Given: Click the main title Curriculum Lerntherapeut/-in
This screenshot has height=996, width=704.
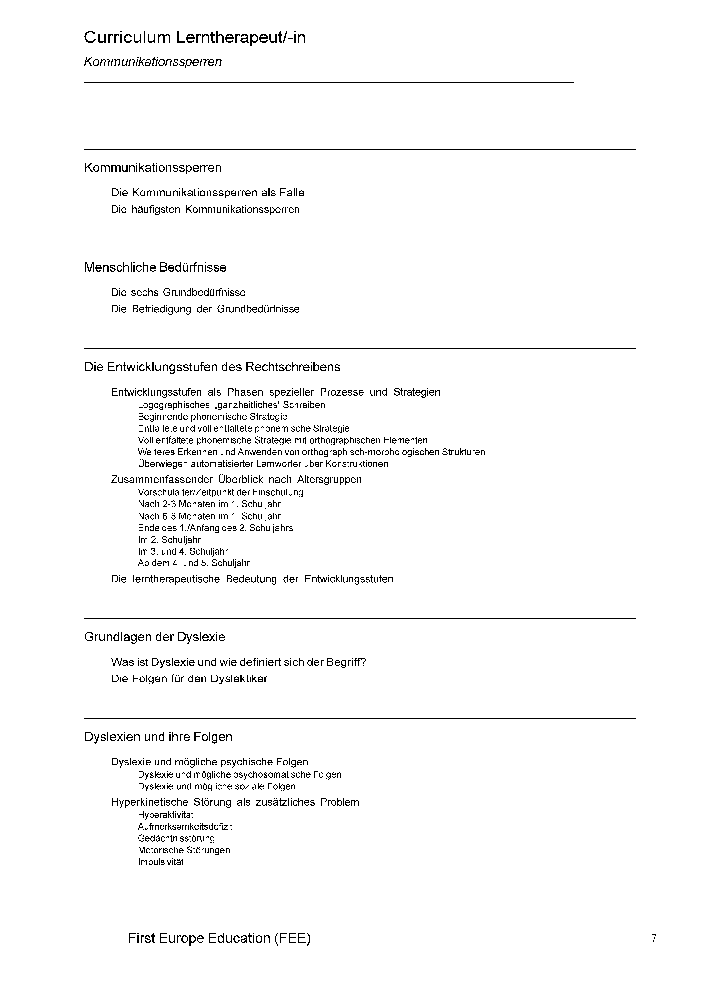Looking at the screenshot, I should tap(195, 38).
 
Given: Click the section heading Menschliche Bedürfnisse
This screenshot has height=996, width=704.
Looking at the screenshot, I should tap(155, 267).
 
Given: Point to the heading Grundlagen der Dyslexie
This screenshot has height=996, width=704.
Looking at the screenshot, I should tap(154, 637).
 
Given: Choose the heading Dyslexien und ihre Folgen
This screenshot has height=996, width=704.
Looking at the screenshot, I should tap(158, 737).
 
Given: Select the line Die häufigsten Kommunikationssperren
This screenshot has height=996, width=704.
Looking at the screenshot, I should tap(205, 210).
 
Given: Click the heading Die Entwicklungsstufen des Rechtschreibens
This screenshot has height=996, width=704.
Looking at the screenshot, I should tap(212, 367).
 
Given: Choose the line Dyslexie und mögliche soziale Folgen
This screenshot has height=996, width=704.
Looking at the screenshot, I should tap(216, 786).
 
